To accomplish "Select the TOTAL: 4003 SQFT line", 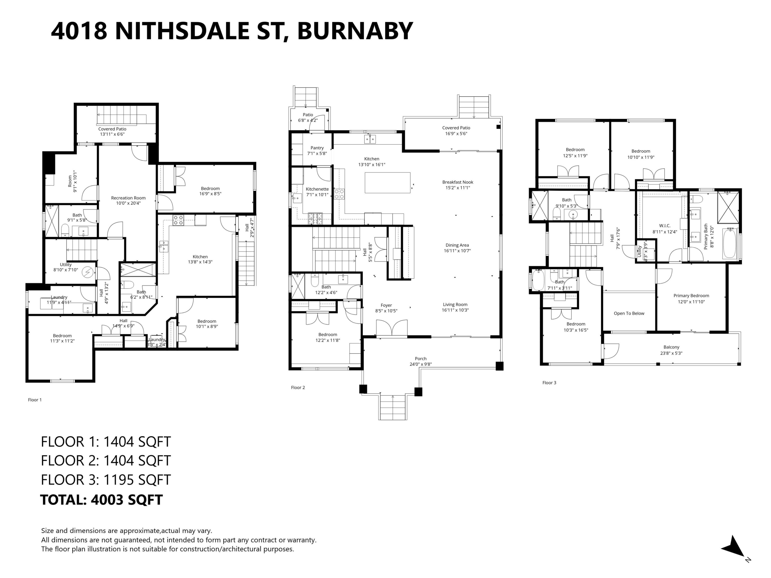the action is point(102,500).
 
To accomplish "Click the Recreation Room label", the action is point(128,198).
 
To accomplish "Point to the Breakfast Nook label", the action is point(458,182).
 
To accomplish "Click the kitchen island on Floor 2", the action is point(387,183).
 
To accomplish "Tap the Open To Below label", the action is point(629,313).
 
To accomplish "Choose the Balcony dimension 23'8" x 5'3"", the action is point(671,353).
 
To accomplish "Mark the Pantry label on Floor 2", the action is point(317,148).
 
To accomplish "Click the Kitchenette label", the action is point(317,189).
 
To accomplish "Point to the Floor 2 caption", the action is point(298,387).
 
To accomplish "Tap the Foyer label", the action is point(386,305).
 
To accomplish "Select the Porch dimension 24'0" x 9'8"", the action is point(421,365).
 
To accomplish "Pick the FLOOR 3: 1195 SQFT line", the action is point(106,480).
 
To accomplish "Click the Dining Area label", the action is point(457,245).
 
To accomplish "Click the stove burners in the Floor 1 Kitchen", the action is point(178,220).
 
